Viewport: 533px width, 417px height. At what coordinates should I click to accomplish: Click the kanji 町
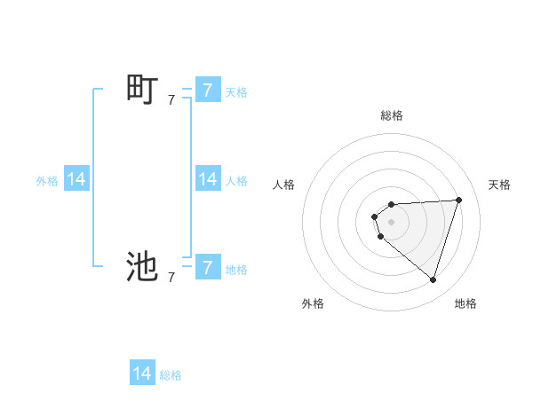142,90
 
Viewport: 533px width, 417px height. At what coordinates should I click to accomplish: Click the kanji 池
142,265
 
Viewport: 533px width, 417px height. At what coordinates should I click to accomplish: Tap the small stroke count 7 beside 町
171,101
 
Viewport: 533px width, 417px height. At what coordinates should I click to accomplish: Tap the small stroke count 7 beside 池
171,278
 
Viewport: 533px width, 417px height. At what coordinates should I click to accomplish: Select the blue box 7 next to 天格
207,90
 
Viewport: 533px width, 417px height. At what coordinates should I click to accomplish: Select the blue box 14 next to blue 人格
207,179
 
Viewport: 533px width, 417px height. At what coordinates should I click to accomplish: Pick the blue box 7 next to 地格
207,266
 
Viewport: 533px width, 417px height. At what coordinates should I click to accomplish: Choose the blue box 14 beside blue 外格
76,179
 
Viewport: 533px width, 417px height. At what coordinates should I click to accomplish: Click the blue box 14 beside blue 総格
142,374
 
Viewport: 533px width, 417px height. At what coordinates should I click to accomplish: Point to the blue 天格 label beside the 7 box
236,91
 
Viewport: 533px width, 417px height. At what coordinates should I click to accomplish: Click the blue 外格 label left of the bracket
47,181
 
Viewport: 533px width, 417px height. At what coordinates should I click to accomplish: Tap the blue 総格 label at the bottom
171,375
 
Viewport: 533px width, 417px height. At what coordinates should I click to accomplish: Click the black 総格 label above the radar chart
392,115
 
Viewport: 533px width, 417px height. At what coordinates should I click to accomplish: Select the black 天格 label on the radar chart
500,185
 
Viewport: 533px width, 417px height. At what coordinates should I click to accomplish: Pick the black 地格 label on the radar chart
465,303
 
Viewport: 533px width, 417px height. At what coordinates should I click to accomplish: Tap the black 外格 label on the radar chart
313,303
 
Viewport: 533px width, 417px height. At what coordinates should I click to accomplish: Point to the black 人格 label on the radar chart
284,185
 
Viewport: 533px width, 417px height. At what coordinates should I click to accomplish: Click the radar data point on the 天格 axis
459,200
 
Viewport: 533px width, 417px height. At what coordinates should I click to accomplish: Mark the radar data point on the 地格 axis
434,280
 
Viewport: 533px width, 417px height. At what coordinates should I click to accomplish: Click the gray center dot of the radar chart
392,222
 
